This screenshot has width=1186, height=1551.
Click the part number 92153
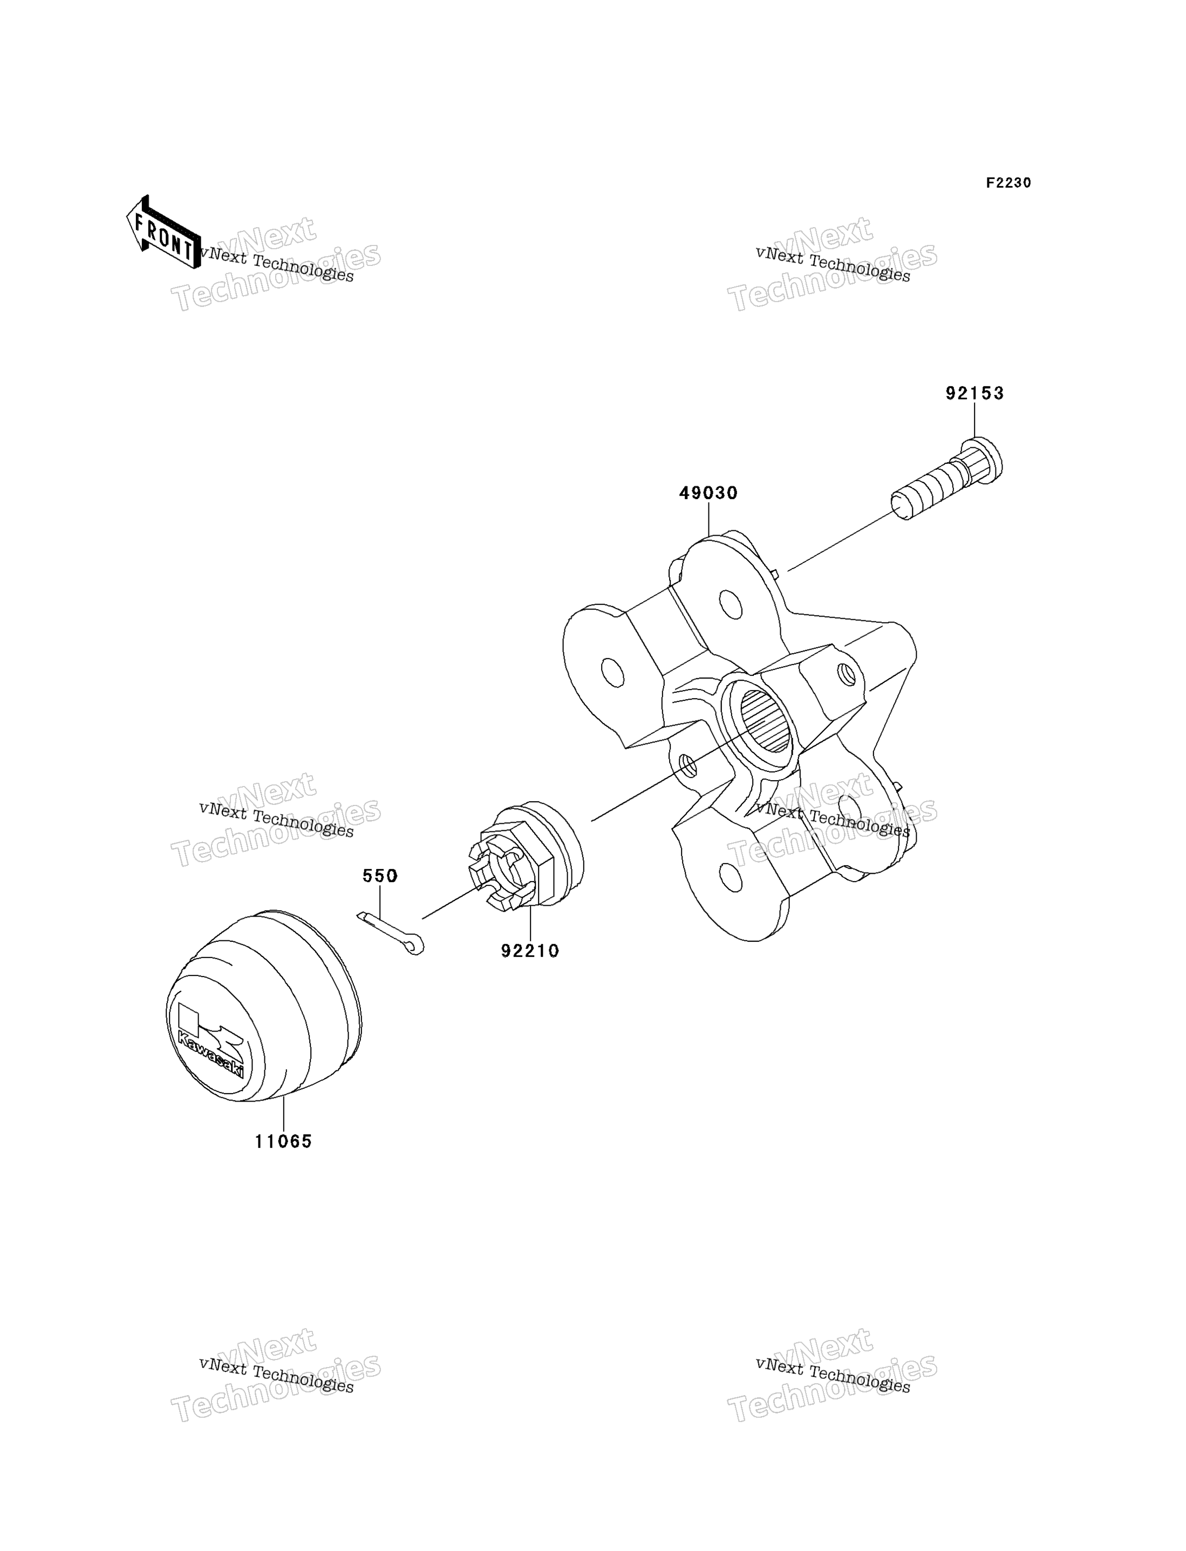point(974,393)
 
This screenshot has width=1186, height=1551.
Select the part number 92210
point(530,951)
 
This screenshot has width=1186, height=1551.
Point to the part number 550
point(380,876)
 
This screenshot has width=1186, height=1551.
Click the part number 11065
point(283,1141)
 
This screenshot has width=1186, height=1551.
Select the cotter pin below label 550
point(391,933)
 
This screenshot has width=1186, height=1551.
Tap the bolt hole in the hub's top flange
point(731,605)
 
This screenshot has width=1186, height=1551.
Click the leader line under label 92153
point(975,421)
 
